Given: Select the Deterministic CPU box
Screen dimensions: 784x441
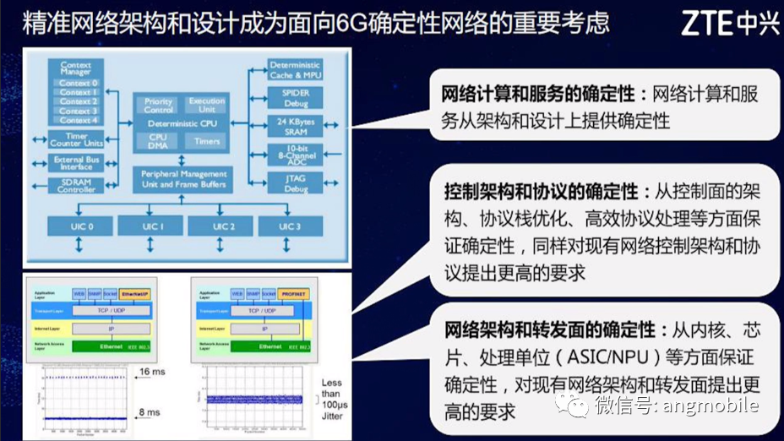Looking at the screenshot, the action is [x=182, y=123].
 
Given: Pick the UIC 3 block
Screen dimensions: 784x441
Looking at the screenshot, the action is [x=289, y=226].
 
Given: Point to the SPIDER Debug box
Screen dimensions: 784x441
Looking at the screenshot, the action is [x=295, y=98].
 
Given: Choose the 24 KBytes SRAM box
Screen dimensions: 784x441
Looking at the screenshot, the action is [x=295, y=126].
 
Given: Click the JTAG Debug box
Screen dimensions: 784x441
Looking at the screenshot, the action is [x=295, y=183].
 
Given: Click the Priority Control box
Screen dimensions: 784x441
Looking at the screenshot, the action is [x=158, y=106].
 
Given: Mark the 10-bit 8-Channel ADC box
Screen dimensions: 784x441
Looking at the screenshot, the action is [x=295, y=155].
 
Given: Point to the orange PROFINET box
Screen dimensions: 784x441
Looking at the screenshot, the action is [x=295, y=293].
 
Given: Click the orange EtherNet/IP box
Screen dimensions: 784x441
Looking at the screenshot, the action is [x=134, y=293].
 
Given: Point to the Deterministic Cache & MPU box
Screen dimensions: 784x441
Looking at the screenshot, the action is [x=295, y=70].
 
